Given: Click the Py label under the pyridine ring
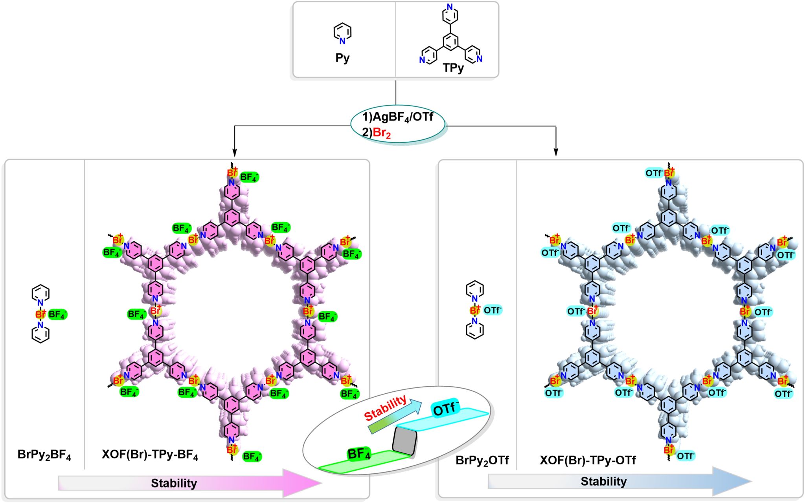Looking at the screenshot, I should point(342,58).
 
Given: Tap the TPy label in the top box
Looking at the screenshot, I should point(453,68).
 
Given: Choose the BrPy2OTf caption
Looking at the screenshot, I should point(482,460).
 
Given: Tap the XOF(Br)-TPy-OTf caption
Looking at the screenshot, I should point(588,460).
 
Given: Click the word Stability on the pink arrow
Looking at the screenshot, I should point(174,483).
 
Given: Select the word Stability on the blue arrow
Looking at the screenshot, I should point(604,481).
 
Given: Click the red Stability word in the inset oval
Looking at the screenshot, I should point(385,408).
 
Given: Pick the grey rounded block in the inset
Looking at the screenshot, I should point(404,441).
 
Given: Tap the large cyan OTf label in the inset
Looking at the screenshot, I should point(446,409).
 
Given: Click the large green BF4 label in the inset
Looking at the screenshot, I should point(359,454).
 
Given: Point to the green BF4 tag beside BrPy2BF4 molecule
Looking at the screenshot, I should point(57,314).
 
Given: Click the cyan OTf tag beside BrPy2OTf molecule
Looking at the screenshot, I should point(493,310).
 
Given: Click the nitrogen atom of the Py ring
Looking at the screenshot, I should point(342,41).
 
